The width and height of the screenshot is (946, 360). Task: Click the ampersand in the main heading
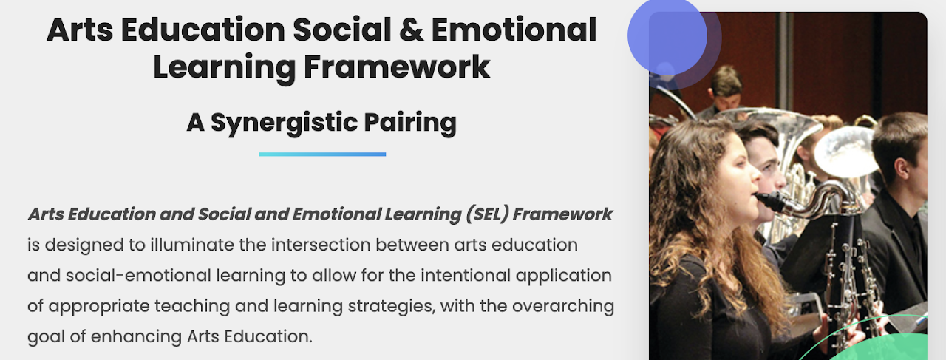pos(411,30)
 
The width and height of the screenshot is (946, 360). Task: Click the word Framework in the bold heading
pos(397,67)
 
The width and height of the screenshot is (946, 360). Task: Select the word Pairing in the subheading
pos(410,123)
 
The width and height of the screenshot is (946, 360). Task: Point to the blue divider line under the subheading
pos(322,154)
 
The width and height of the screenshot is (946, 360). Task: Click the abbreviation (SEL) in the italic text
pos(487,214)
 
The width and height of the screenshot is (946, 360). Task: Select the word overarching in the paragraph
pos(563,306)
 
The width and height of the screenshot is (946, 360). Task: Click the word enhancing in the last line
pos(136,337)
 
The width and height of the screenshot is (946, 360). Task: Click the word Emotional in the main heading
pos(514,30)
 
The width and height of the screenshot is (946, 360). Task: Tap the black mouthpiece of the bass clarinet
pos(769,201)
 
